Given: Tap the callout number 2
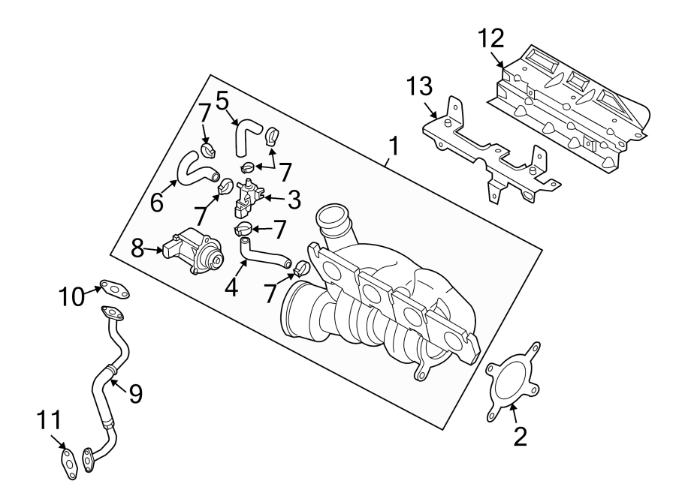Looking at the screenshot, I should coord(520,436).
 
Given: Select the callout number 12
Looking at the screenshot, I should coord(493,38).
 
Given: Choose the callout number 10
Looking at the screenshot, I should coord(74,297).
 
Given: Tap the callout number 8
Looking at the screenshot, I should coord(137,248).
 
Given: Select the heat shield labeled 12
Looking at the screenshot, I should coord(571,113).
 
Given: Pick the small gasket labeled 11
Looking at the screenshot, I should coord(68,461).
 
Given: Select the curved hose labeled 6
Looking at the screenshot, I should coord(194,169).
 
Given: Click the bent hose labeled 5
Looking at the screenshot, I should coord(246,137).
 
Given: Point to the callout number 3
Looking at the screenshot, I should coord(294,200).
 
